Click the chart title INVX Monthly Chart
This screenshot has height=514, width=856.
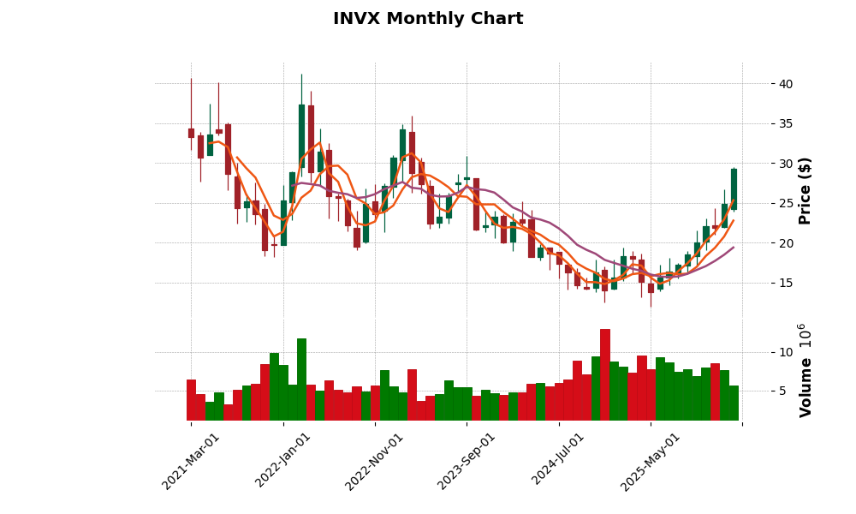click(428, 19)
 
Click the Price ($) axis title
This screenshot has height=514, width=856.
click(805, 190)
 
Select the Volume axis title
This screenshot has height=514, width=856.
click(805, 370)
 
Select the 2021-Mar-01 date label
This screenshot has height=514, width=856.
click(192, 461)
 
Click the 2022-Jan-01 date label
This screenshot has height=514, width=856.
click(284, 461)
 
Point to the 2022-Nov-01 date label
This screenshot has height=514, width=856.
click(375, 461)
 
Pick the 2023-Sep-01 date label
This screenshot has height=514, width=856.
click(467, 461)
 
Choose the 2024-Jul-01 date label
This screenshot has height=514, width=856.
click(559, 461)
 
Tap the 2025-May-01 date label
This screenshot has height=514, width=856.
click(651, 461)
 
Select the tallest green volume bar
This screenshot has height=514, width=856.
click(301, 380)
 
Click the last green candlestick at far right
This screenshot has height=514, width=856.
click(734, 189)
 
